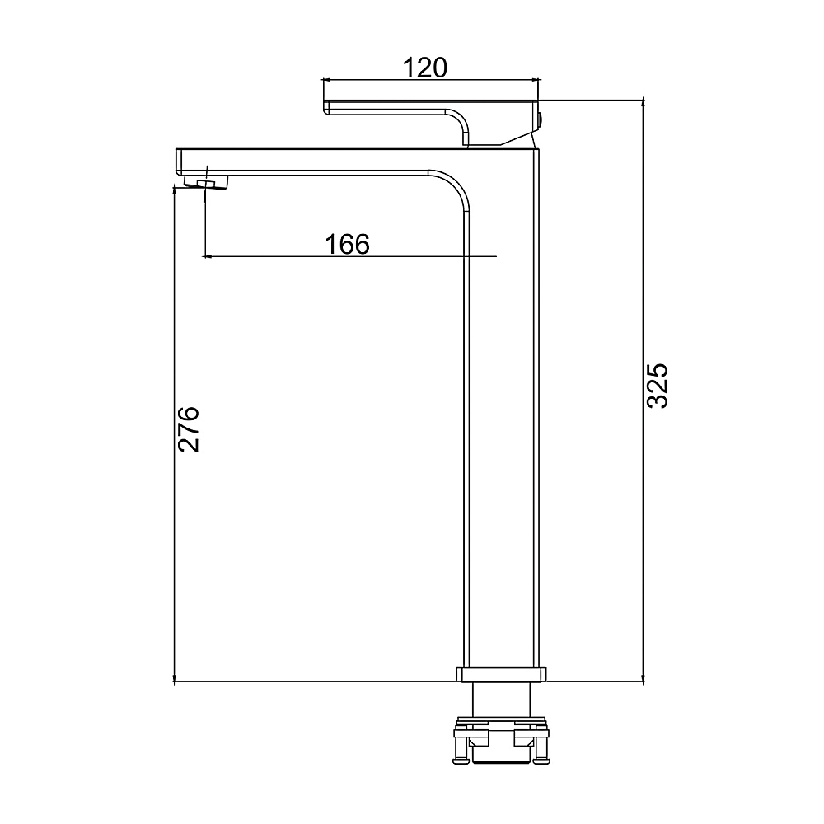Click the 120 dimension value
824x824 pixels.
point(424,68)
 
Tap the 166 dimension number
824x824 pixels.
point(348,245)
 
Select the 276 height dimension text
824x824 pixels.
point(188,428)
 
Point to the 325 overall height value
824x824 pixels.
point(657,385)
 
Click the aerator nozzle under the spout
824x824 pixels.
point(207,182)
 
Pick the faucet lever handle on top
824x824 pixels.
point(431,122)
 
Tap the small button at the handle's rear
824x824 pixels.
point(541,121)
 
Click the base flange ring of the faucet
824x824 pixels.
point(501,674)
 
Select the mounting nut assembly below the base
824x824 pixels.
point(501,739)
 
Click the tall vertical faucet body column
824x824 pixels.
point(503,410)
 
